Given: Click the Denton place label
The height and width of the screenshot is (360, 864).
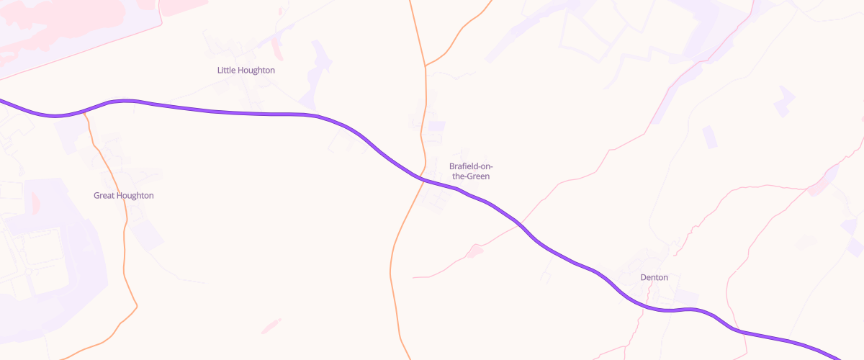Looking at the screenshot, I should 654,277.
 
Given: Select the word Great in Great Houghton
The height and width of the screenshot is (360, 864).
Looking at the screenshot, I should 105,196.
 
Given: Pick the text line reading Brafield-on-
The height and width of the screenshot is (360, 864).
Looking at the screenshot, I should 471,166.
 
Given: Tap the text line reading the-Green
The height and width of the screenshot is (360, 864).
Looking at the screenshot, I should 471,176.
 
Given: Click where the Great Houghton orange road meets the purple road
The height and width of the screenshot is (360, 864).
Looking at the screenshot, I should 86,111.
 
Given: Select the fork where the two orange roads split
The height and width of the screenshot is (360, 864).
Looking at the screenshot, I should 426,66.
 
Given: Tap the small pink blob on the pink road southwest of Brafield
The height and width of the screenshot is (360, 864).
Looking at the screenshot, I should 474,251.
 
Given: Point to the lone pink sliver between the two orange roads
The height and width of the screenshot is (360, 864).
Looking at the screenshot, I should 271,325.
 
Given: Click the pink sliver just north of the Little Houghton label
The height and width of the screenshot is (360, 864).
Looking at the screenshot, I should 276,49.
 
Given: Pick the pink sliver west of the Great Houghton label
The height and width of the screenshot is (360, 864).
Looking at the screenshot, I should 35,203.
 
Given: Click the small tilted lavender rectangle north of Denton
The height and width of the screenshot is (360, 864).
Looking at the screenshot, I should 710,136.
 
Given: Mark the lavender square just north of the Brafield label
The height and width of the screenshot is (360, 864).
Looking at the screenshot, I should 436,126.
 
